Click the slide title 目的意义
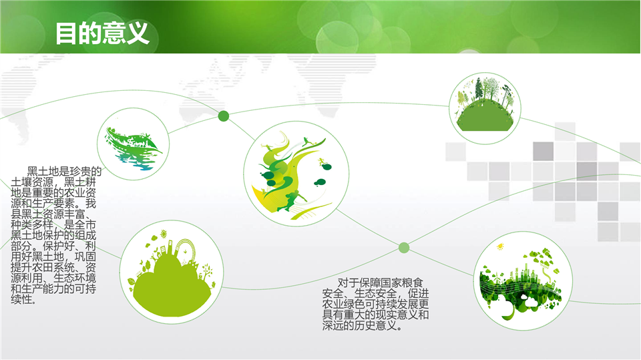(x=101, y=33)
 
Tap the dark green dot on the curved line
(x=223, y=116)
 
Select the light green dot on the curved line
(x=404, y=248)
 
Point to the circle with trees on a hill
(x=485, y=108)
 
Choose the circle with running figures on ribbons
(x=296, y=174)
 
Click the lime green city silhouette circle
(x=172, y=272)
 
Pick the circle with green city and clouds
(x=523, y=281)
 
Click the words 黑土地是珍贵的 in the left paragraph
(x=64, y=171)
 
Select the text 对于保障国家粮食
(x=380, y=283)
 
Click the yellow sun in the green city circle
(x=499, y=246)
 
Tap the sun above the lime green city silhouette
(x=164, y=234)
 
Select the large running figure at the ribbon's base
(x=291, y=200)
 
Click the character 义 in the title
(x=138, y=33)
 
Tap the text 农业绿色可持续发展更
(x=375, y=305)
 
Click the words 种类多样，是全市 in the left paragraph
(x=53, y=224)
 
